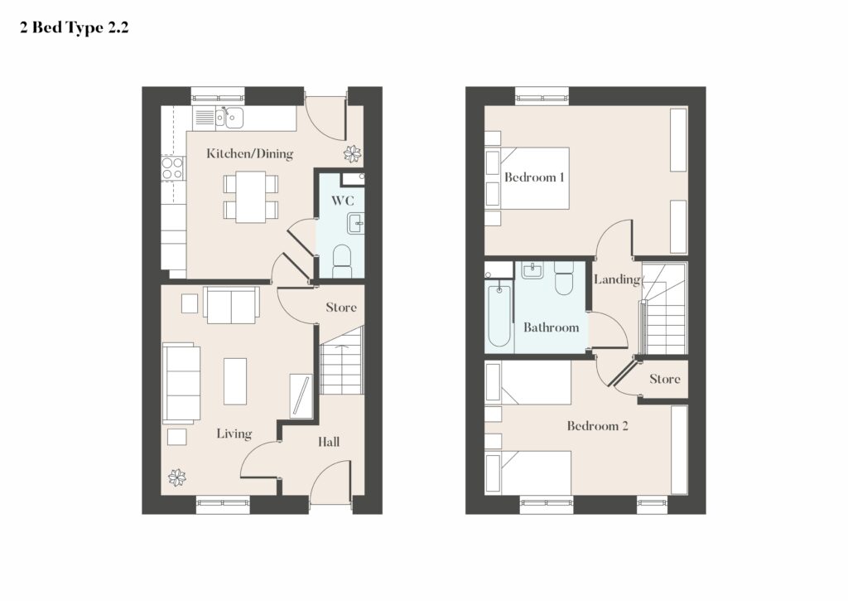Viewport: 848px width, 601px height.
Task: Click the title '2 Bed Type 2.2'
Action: point(75,27)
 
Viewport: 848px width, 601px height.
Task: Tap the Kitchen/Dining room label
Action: point(250,153)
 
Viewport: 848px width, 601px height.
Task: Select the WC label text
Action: point(343,201)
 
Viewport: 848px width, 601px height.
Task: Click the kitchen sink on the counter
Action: point(229,118)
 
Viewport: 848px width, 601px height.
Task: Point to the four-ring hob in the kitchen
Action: point(172,168)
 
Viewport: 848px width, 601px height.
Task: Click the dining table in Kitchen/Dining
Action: point(250,196)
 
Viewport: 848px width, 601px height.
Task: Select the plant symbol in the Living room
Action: point(177,477)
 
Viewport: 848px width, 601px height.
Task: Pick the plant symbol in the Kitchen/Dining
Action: point(352,153)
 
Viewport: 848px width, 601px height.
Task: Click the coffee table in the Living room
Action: point(235,381)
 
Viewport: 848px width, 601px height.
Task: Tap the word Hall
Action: point(329,443)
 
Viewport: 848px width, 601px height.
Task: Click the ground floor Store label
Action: point(341,308)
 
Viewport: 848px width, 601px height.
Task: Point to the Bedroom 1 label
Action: point(534,177)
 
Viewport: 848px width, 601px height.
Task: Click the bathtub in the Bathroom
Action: point(499,315)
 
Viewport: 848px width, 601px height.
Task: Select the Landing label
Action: point(617,279)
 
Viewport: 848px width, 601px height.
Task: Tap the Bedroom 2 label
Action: point(598,426)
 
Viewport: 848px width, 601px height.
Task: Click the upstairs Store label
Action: point(665,379)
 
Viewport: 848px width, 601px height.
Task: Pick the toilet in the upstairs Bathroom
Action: point(564,279)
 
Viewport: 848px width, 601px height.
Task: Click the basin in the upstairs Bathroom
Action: point(532,270)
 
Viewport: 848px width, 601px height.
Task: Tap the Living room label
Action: point(234,434)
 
